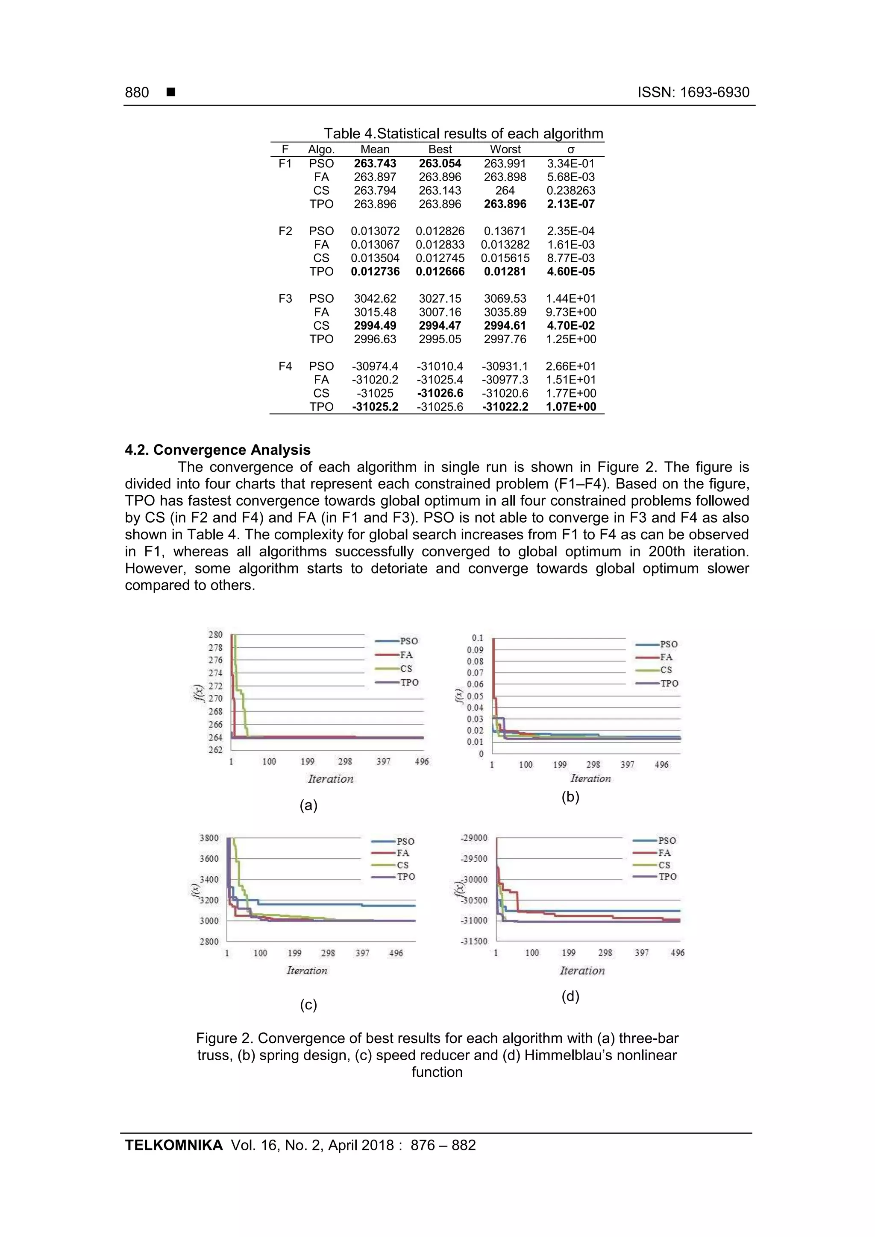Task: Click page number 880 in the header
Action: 137,92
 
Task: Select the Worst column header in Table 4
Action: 505,149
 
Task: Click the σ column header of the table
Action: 571,149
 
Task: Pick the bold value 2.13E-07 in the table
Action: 570,204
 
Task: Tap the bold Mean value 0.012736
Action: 375,272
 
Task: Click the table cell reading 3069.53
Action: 505,298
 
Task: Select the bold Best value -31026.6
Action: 440,393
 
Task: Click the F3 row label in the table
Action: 285,298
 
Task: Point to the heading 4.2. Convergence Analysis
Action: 218,450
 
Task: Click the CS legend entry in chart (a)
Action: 406,669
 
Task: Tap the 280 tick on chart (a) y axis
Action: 216,635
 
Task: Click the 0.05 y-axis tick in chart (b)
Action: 475,696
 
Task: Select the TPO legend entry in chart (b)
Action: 669,683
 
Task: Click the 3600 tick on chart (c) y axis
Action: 209,859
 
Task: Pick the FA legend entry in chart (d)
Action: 664,853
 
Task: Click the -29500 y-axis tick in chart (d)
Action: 474,859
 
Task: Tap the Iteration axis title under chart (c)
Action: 307,970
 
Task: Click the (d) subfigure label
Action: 570,996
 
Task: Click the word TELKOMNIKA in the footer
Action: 173,1145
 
